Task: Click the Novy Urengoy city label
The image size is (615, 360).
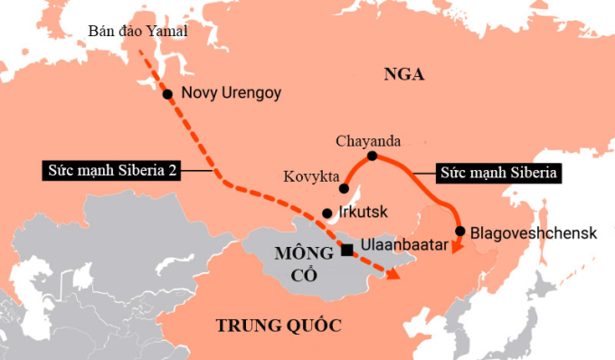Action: pos(232,93)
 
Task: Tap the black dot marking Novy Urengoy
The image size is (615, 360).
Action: pos(167,93)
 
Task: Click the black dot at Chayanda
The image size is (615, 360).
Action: pos(372,156)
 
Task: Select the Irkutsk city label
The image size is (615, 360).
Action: pos(362,213)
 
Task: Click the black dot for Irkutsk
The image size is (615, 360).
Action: pos(326,213)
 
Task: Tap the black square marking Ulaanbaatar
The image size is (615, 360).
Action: pos(347,248)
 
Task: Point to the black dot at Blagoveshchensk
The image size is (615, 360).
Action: pos(460,232)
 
